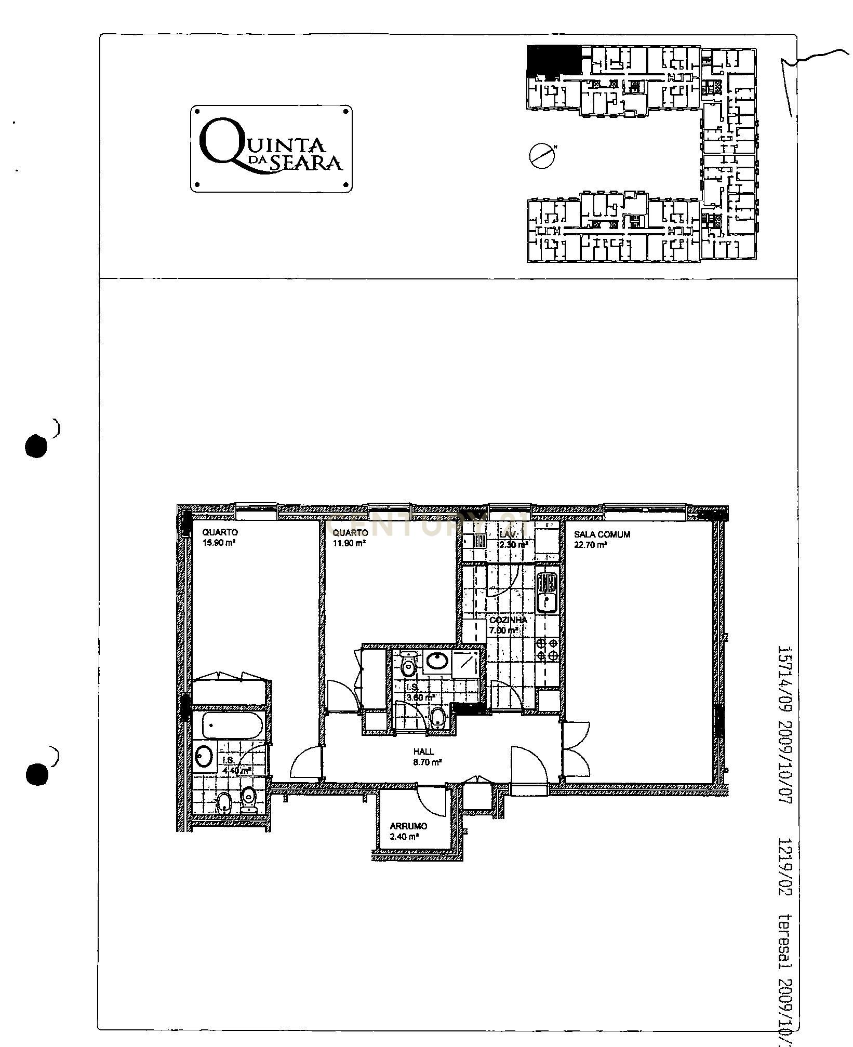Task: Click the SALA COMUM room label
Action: click(602, 534)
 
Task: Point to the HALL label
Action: click(423, 751)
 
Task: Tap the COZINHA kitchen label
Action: click(508, 620)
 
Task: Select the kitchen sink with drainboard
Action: click(547, 592)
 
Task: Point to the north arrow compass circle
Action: click(540, 155)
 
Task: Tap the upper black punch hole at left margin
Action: click(36, 447)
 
